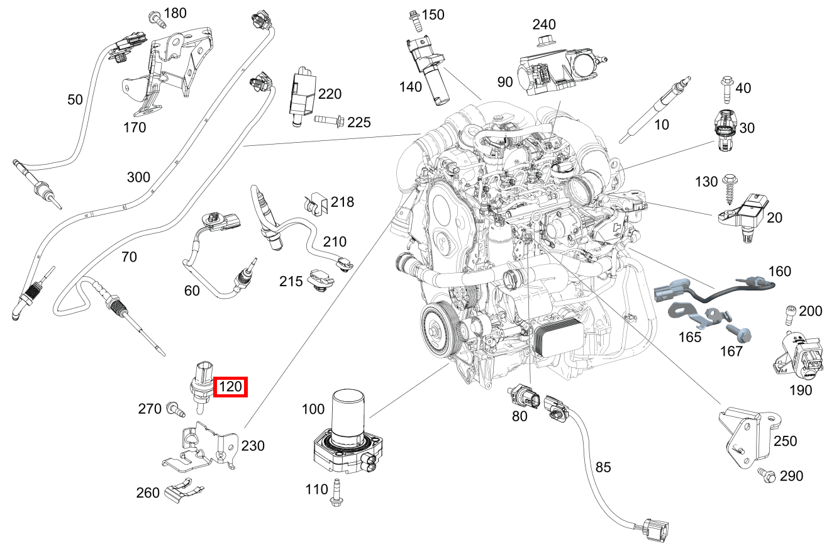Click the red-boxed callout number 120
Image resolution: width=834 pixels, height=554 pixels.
(x=230, y=387)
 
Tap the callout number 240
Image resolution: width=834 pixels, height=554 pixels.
(x=544, y=25)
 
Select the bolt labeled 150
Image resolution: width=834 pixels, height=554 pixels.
(x=414, y=21)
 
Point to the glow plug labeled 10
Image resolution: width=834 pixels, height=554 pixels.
(x=655, y=110)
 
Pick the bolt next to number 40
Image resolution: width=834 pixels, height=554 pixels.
(x=727, y=90)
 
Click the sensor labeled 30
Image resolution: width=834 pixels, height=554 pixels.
(x=726, y=130)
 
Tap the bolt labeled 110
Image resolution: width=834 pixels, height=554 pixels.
(x=336, y=492)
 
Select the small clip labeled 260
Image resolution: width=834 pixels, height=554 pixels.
(x=184, y=490)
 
